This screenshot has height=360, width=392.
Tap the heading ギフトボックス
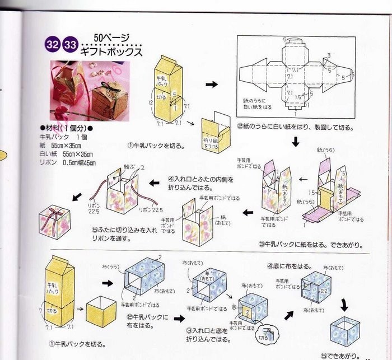tap(111, 51)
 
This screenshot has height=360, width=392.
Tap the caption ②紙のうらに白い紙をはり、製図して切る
tap(295, 128)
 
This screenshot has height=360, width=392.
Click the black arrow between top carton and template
tap(211, 84)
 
